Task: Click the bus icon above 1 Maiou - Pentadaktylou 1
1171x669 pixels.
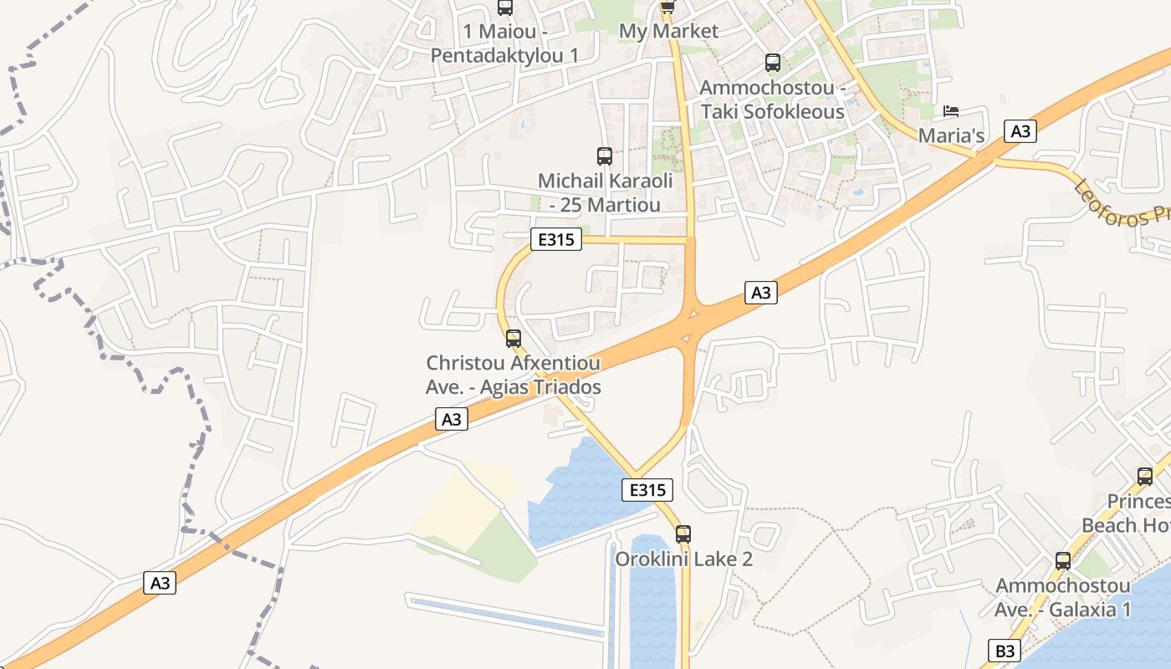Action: click(x=505, y=8)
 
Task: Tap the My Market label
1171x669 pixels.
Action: click(x=668, y=32)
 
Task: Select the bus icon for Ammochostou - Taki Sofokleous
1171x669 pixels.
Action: click(x=773, y=63)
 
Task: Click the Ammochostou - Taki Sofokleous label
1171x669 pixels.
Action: click(x=772, y=100)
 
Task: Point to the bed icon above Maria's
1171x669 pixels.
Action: click(x=951, y=110)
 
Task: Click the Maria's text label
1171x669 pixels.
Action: click(x=950, y=135)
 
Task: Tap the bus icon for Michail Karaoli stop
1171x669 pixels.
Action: click(x=605, y=156)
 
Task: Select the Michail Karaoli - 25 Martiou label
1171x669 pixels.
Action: click(x=605, y=192)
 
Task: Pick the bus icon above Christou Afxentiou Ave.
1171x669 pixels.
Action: click(x=514, y=339)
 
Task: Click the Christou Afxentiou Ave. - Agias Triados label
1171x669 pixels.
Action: click(x=514, y=375)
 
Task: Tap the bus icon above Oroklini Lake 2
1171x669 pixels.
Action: click(x=683, y=534)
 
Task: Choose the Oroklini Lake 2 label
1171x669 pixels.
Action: click(x=683, y=559)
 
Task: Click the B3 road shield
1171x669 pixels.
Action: click(x=1005, y=650)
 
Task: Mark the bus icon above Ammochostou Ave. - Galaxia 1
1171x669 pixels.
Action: click(x=1063, y=561)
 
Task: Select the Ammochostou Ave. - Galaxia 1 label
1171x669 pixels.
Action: click(x=1062, y=598)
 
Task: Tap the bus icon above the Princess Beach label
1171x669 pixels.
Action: click(x=1145, y=477)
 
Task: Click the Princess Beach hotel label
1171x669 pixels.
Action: click(x=1129, y=513)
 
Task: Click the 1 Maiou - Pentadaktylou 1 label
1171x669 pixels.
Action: click(x=504, y=43)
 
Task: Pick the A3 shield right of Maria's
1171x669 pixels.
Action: click(x=1020, y=131)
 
